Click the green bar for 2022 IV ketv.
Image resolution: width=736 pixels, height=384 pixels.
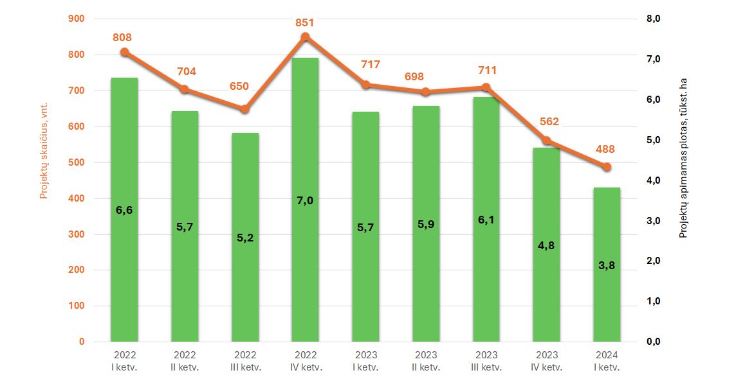pyautogui.click(x=305, y=200)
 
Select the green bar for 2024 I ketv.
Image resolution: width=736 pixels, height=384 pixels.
pyautogui.click(x=607, y=265)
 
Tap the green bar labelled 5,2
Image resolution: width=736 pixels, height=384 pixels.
pyautogui.click(x=245, y=237)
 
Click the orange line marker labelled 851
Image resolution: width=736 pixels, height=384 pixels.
pyautogui.click(x=306, y=37)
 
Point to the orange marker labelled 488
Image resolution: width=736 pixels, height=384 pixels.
pyautogui.click(x=607, y=167)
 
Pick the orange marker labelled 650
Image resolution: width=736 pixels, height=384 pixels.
pyautogui.click(x=245, y=109)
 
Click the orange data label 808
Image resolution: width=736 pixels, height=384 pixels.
pyautogui.click(x=122, y=37)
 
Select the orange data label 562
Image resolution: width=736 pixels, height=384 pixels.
pyautogui.click(x=549, y=122)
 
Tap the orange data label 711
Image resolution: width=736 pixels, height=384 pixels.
pyautogui.click(x=487, y=70)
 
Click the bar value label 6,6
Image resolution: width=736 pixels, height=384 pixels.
pyautogui.click(x=124, y=210)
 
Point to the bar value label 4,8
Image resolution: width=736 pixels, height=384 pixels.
pyautogui.click(x=546, y=245)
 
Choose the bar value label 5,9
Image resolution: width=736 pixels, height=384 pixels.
pyautogui.click(x=426, y=224)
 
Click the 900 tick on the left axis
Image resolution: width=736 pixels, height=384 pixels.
pyautogui.click(x=77, y=19)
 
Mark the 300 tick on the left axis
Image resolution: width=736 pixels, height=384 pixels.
pyautogui.click(x=77, y=234)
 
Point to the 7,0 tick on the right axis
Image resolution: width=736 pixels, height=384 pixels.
pyautogui.click(x=654, y=59)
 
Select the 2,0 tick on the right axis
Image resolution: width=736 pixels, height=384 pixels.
pyautogui.click(x=654, y=261)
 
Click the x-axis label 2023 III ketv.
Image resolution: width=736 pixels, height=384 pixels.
pyautogui.click(x=486, y=361)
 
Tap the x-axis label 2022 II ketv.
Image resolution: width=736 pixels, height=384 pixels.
pyautogui.click(x=185, y=361)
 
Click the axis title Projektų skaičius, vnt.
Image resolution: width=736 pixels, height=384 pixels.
pyautogui.click(x=44, y=150)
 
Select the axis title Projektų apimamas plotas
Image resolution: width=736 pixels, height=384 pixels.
pyautogui.click(x=683, y=158)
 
